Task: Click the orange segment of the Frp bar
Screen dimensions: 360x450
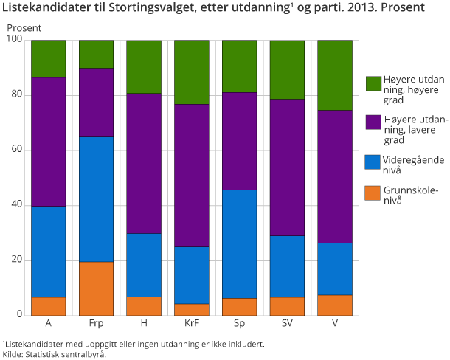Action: (x=96, y=288)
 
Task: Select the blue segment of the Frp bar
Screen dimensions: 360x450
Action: (x=96, y=199)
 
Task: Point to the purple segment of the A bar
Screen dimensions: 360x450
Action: (x=49, y=142)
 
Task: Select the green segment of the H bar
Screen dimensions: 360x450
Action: (x=144, y=67)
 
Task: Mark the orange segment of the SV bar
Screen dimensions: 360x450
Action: (x=287, y=306)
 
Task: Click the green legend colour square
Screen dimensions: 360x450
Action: (x=373, y=83)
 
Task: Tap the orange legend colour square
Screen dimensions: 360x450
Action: (x=373, y=193)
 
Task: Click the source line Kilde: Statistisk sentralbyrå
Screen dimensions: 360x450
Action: (x=55, y=354)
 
